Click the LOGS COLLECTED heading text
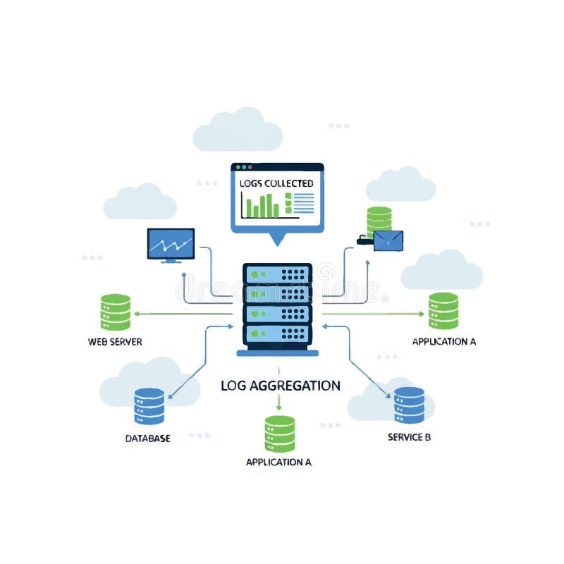coord(276,183)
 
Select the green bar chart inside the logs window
coord(261,206)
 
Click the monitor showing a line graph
coord(171,244)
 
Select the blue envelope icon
coord(388,241)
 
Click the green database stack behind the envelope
coord(379,219)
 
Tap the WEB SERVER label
coord(115,342)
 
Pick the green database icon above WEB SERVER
coord(116,312)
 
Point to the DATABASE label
coord(147,439)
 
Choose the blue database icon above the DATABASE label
coord(149,406)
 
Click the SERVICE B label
coord(409,437)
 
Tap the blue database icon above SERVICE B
coord(409,405)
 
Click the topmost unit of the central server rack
coord(277,274)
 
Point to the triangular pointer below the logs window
coord(277,239)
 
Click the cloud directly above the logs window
coord(238,130)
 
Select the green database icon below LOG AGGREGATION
coord(280,433)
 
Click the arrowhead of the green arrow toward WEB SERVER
coord(137,314)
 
